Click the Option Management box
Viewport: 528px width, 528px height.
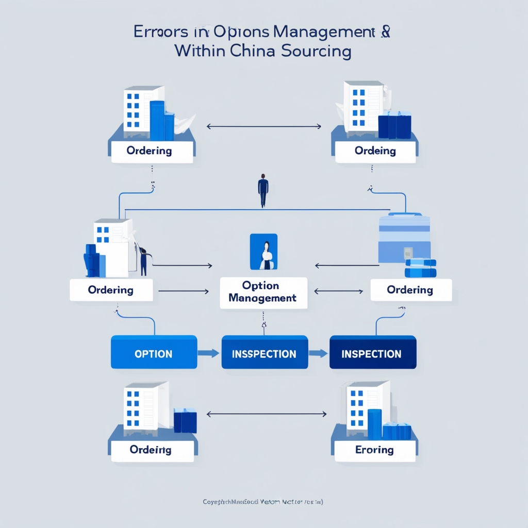point(263,292)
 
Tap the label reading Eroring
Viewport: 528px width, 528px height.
point(374,450)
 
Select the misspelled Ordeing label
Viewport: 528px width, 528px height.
point(375,152)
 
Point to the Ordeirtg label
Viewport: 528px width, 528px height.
point(151,450)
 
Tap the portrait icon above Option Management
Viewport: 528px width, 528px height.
point(263,252)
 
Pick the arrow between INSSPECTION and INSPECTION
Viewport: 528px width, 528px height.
point(318,353)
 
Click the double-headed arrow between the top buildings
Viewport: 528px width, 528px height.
point(263,126)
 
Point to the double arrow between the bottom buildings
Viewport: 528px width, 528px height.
point(266,414)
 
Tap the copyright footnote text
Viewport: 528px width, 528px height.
point(263,502)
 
